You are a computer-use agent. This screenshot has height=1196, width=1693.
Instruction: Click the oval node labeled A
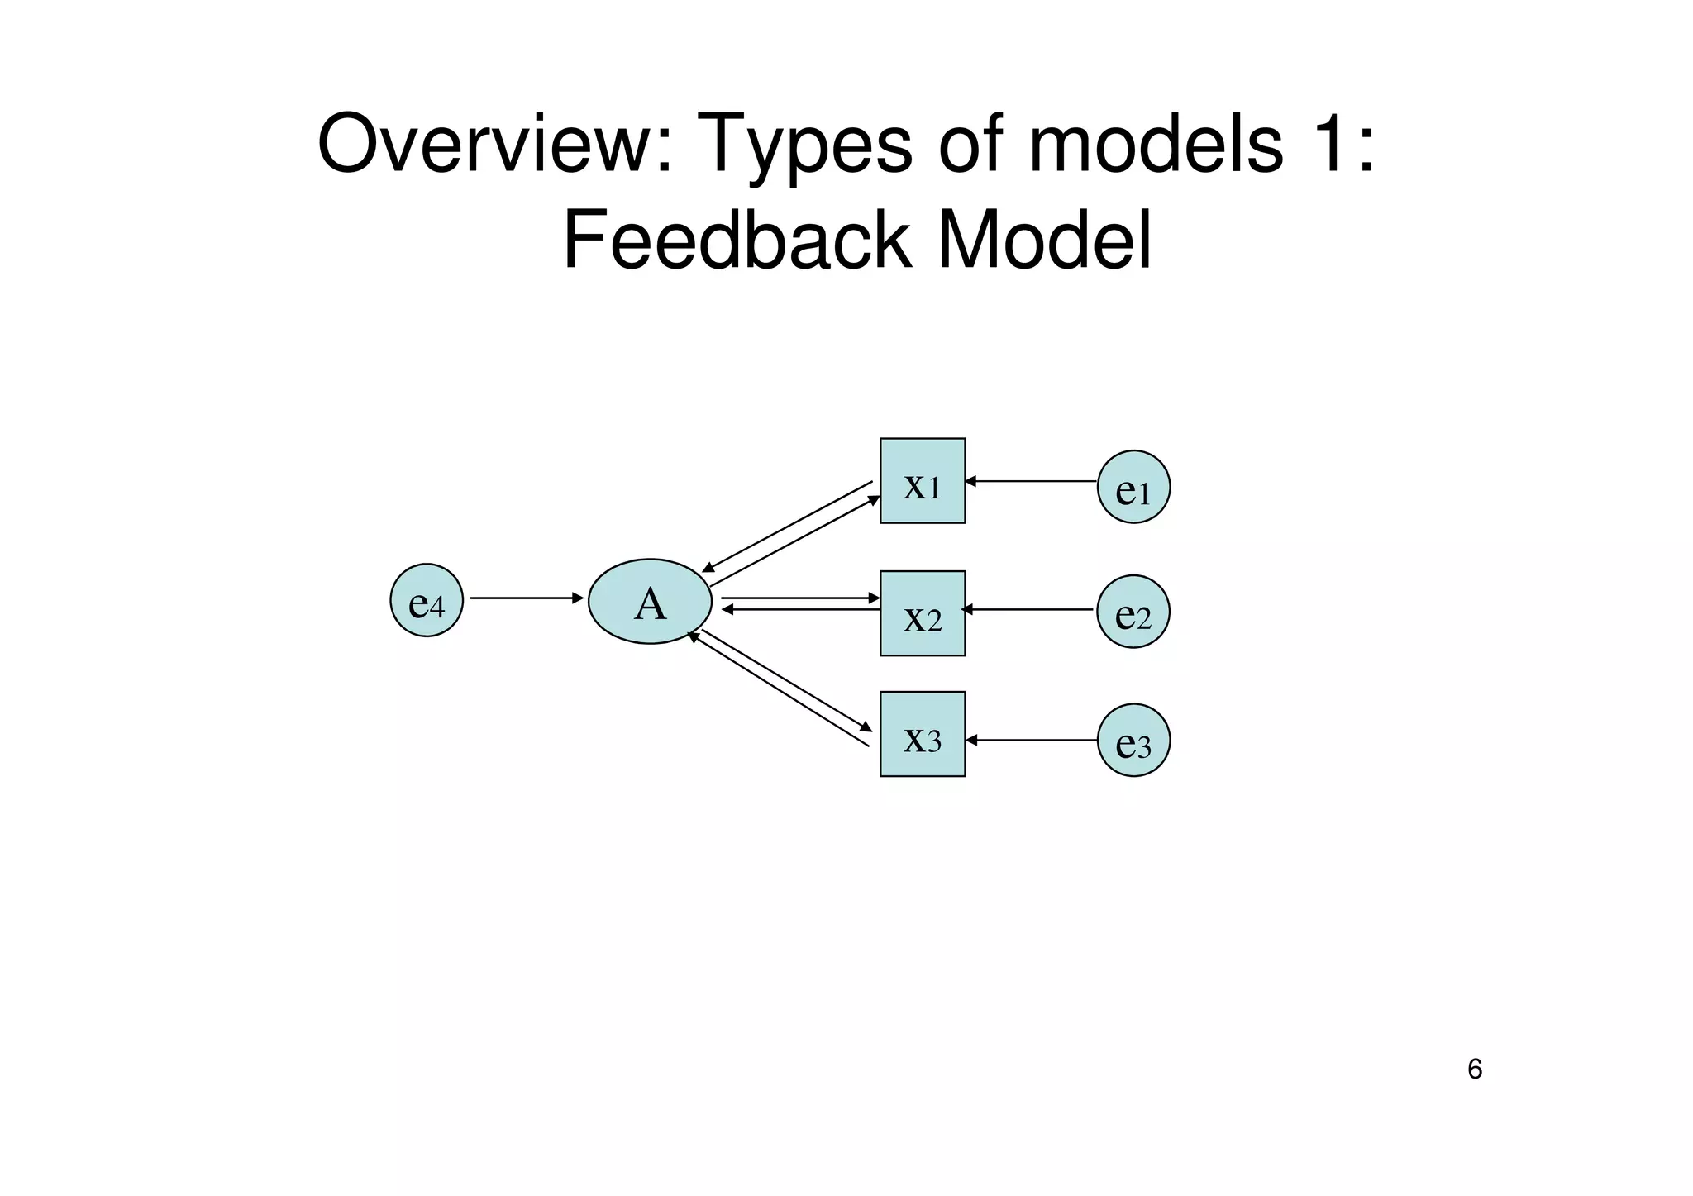[x=650, y=602]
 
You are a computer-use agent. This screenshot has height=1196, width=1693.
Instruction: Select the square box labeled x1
[x=923, y=481]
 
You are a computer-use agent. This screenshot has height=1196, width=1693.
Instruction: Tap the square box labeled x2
[x=923, y=613]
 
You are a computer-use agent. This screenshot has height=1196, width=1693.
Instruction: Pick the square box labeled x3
[x=923, y=734]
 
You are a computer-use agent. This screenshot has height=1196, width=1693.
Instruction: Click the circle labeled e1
[x=1133, y=487]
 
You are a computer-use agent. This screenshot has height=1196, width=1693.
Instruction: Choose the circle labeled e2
[x=1133, y=612]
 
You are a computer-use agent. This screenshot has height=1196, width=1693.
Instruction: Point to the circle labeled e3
[x=1133, y=740]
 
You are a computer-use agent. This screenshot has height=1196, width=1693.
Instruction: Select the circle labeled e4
[x=427, y=600]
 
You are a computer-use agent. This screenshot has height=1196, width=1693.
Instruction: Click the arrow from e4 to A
[x=526, y=598]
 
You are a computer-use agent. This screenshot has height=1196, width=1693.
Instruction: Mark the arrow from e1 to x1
[x=1032, y=480]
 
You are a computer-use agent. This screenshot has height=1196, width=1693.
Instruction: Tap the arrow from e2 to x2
[x=1028, y=610]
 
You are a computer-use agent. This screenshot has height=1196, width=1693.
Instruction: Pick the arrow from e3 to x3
[x=1032, y=740]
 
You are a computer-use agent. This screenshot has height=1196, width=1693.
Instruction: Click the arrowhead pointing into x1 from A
[x=874, y=499]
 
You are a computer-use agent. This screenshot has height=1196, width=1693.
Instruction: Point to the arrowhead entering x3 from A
[x=866, y=727]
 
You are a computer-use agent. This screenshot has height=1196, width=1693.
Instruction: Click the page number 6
[x=1475, y=1070]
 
